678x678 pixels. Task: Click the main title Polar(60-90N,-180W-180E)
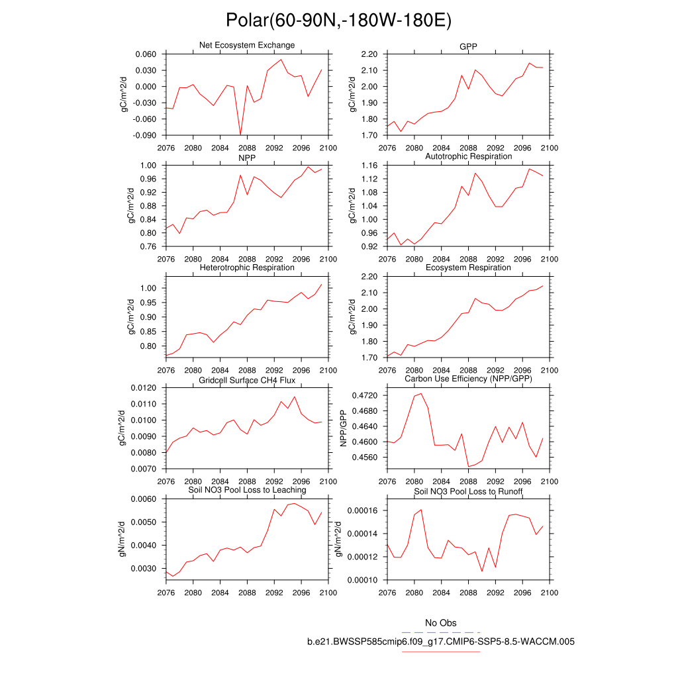(338, 20)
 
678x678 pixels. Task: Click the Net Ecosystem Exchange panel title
(247, 45)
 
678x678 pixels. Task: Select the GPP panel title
(468, 46)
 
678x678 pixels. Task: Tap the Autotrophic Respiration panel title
(468, 156)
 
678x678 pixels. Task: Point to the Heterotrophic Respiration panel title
(247, 267)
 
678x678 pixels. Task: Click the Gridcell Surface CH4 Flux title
(247, 379)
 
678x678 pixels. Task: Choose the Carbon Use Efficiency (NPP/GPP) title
(468, 379)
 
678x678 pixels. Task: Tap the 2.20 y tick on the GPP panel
(366, 54)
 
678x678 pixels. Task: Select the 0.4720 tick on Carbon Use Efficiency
(362, 395)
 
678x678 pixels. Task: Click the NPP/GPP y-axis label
(344, 428)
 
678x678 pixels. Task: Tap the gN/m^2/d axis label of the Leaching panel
(122, 539)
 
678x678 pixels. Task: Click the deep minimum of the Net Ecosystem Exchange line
(240, 134)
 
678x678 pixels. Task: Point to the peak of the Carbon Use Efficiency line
(421, 393)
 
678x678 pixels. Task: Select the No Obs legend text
(440, 623)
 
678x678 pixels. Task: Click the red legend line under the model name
(440, 652)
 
